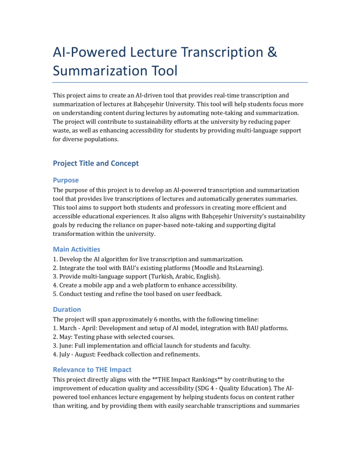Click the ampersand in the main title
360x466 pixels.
(x=271, y=53)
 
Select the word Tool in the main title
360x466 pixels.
(x=162, y=71)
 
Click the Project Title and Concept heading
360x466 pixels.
(x=96, y=163)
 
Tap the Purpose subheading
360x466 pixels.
(x=66, y=180)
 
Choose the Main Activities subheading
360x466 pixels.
(x=76, y=249)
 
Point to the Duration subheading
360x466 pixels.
(x=67, y=309)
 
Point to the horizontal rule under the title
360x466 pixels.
(x=180, y=83)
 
